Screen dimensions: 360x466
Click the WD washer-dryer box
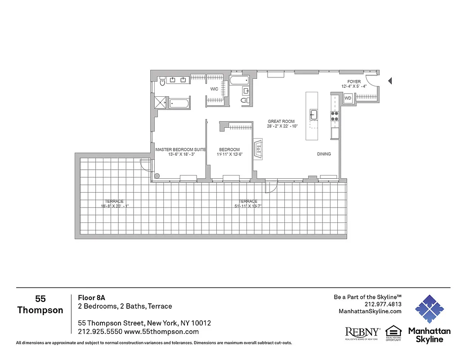pos(348,98)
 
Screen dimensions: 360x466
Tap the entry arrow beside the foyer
pos(390,81)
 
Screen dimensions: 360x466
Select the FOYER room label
pos(354,82)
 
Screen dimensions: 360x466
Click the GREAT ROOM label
pos(281,121)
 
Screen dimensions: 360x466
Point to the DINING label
pos(324,154)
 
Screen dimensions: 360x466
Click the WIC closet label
pos(215,89)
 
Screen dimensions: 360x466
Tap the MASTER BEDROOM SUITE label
pos(180,149)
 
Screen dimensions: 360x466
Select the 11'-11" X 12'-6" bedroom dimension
pos(229,155)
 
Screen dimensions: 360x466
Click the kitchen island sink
pos(314,114)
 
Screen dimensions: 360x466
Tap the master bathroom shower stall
pos(160,103)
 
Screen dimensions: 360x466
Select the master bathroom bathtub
pos(179,104)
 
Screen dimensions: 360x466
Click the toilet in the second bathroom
pos(245,100)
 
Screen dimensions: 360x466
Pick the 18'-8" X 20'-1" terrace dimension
pos(115,206)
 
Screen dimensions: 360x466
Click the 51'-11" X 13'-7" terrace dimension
pos(248,206)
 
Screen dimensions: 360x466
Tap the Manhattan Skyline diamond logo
pos(429,309)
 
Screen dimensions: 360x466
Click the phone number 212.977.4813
pos(383,304)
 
